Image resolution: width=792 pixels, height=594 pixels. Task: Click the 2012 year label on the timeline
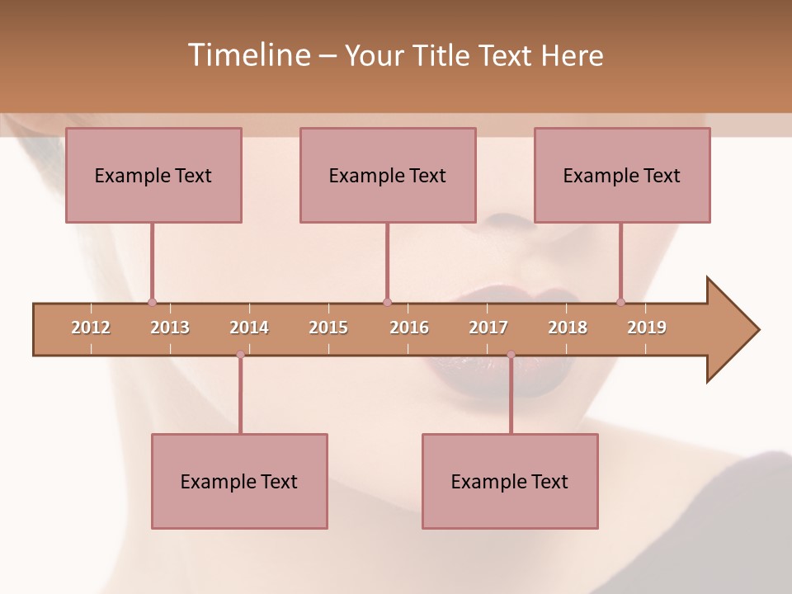pyautogui.click(x=91, y=328)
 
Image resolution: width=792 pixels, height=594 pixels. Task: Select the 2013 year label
pyautogui.click(x=170, y=328)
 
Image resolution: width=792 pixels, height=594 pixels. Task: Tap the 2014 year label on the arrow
pyautogui.click(x=249, y=328)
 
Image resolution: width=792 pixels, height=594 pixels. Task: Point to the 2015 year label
pyautogui.click(x=328, y=328)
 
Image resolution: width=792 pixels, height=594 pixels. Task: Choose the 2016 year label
pyautogui.click(x=409, y=328)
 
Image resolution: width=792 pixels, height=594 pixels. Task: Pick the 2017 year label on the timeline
pyautogui.click(x=488, y=328)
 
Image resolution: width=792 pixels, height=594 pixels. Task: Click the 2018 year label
pyautogui.click(x=568, y=328)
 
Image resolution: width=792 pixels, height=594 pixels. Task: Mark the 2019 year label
pyautogui.click(x=647, y=328)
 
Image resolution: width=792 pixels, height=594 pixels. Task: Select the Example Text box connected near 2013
pyautogui.click(x=153, y=176)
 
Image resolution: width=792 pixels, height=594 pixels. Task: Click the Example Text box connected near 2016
pyautogui.click(x=388, y=176)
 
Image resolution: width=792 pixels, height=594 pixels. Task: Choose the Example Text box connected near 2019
pyautogui.click(x=622, y=176)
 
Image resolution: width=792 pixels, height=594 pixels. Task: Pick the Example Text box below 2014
pyautogui.click(x=239, y=482)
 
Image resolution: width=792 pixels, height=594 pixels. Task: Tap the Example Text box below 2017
pyautogui.click(x=510, y=482)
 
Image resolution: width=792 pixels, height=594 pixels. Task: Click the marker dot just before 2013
pyautogui.click(x=152, y=302)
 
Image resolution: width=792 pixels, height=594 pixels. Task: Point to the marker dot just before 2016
pyautogui.click(x=387, y=302)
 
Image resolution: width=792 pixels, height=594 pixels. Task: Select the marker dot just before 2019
pyautogui.click(x=620, y=302)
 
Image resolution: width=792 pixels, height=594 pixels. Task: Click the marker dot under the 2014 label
pyautogui.click(x=240, y=355)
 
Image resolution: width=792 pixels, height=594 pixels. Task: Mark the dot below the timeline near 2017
pyautogui.click(x=511, y=355)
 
